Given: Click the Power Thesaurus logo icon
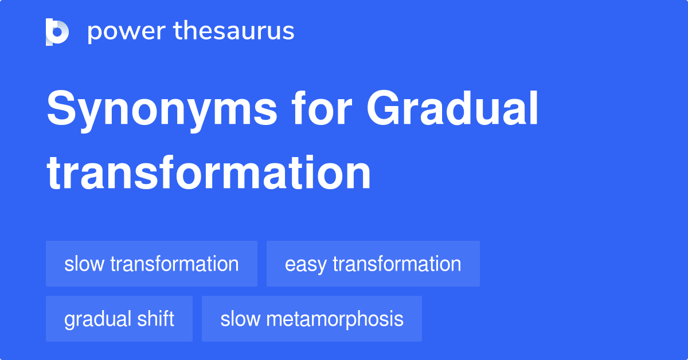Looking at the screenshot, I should pos(57,32).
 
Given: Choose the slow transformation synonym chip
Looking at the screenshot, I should pos(151,264).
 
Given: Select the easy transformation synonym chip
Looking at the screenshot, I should pos(373,264).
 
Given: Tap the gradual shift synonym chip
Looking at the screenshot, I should pos(119,319).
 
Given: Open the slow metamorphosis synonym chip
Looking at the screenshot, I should pos(311,319).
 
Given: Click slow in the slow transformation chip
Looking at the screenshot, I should pos(84,264).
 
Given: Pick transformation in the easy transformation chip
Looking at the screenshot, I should pos(397,264).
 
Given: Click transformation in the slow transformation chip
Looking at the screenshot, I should pos(174,264).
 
